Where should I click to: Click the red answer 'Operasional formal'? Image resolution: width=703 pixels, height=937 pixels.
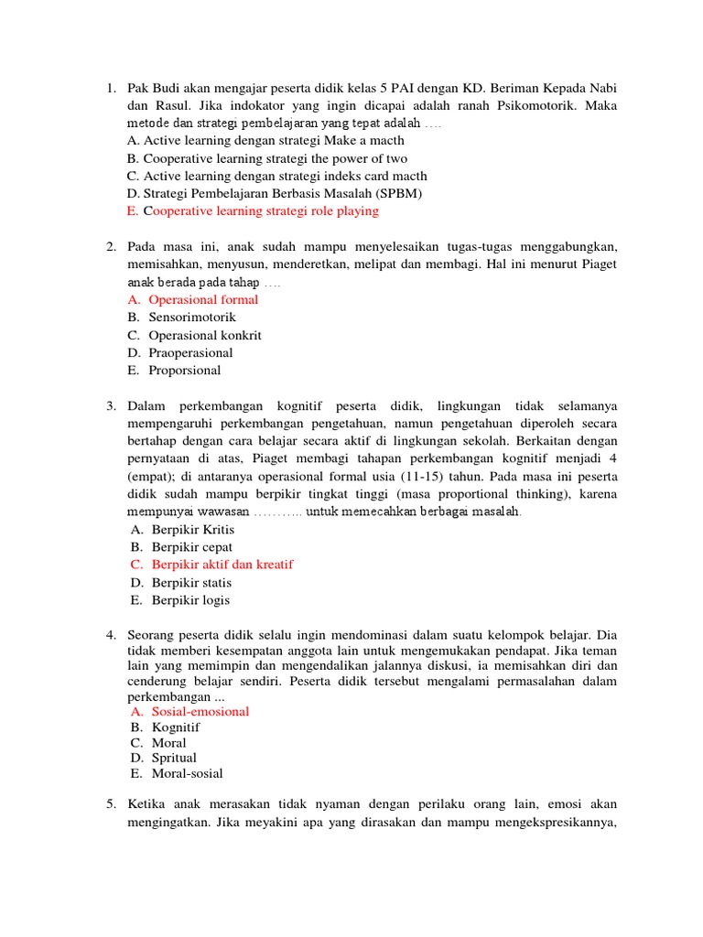coord(203,299)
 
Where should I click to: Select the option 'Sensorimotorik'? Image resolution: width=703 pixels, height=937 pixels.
coord(192,318)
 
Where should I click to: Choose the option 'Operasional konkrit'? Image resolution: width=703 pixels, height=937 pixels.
coord(204,335)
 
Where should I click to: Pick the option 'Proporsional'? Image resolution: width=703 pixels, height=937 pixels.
coord(186,371)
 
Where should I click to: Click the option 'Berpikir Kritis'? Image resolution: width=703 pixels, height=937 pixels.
coord(193,530)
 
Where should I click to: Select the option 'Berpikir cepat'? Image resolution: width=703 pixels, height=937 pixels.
coord(192,547)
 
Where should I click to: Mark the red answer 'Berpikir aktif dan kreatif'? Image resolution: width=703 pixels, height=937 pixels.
coord(222,565)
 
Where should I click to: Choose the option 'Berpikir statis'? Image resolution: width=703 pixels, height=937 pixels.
coord(191,583)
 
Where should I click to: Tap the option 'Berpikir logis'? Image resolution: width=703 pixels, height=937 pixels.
coord(190,600)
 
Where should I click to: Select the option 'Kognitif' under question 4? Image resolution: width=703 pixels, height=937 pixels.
coord(175,727)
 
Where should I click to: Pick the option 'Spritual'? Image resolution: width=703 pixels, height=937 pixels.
coord(174,758)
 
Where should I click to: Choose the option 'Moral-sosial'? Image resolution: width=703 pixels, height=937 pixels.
coord(187,773)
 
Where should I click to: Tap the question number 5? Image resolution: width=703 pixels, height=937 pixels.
coord(110,803)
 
